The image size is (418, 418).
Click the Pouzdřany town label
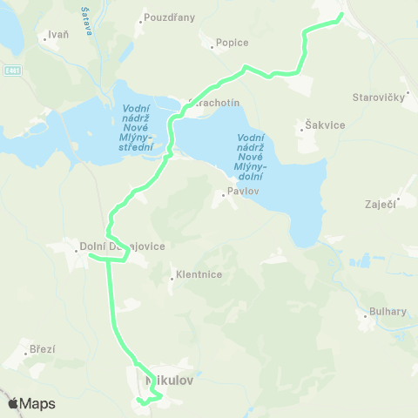point(170,17)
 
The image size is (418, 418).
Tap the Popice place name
point(233,43)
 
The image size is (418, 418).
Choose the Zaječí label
point(381,204)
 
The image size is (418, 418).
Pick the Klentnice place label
point(199,274)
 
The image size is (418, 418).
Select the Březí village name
point(42,349)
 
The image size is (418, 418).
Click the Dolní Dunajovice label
point(122,246)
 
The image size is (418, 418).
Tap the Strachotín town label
point(212,102)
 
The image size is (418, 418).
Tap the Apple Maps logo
point(31,403)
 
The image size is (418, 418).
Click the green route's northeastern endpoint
point(340,14)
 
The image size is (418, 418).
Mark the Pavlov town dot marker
point(224,195)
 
